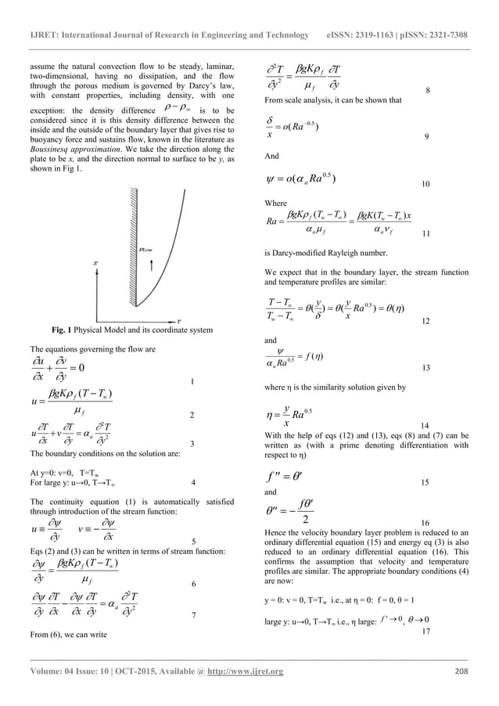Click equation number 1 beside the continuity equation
192,381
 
